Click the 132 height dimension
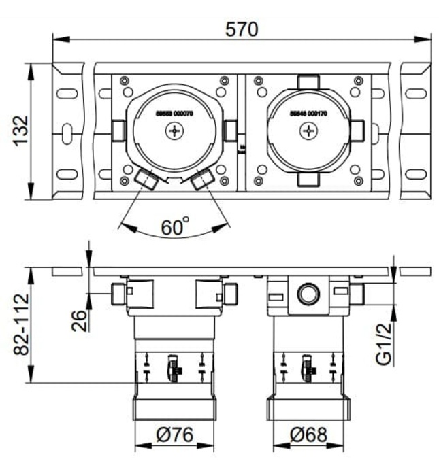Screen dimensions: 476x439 [x=20, y=131]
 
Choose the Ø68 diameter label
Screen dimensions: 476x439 [x=311, y=433]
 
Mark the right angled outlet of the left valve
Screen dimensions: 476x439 [x=204, y=180]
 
